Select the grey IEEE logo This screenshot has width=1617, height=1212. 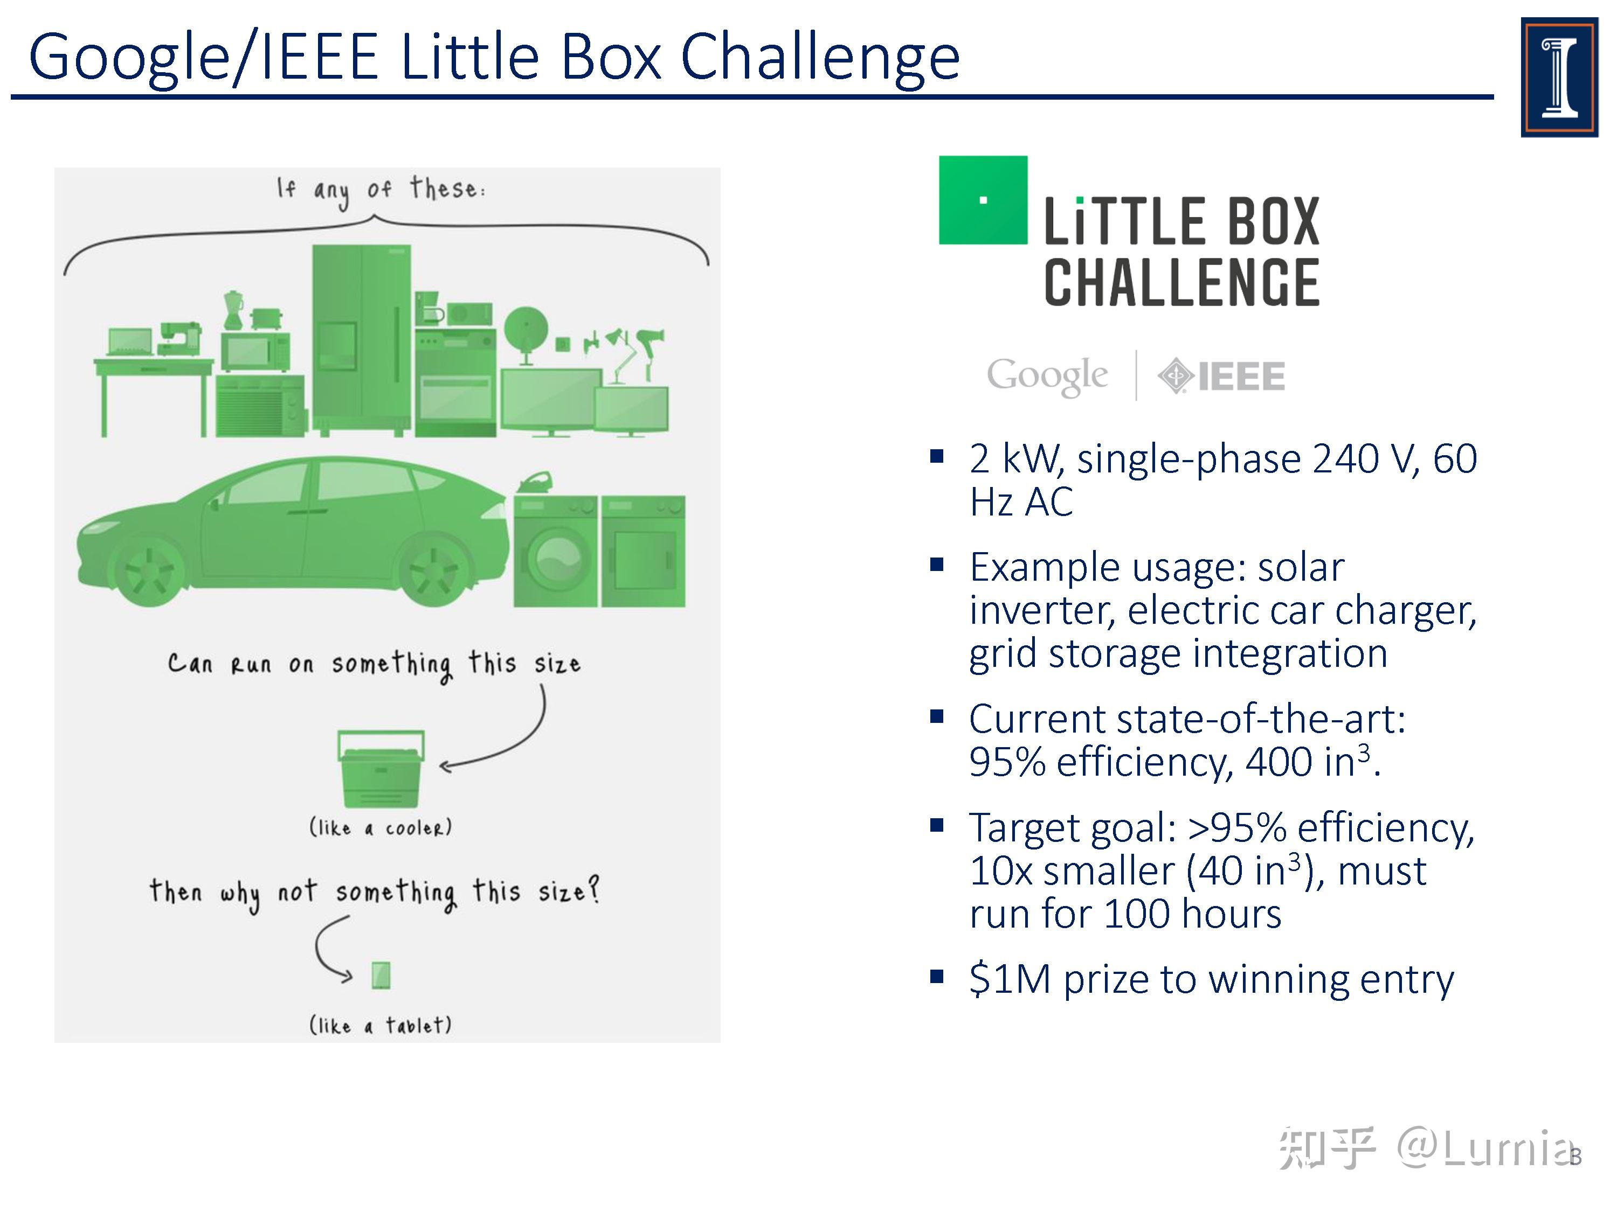click(1221, 376)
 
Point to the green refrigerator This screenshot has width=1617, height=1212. click(361, 338)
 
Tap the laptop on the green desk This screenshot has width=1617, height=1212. click(129, 343)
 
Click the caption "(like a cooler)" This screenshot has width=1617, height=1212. click(380, 828)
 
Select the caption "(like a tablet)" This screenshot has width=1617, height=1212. click(380, 1025)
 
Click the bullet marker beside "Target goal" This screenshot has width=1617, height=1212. click(936, 826)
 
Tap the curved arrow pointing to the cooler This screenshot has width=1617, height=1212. click(512, 738)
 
